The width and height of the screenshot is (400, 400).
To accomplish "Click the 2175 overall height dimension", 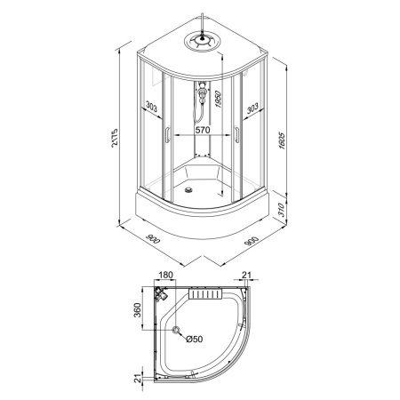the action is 115,138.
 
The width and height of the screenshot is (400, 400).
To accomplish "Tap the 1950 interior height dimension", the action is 219,99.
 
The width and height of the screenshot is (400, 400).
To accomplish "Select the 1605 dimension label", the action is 282,140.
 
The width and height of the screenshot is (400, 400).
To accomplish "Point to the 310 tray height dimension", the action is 282,210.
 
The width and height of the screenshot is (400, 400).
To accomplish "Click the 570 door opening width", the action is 203,130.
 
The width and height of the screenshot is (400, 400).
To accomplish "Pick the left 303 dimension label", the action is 151,107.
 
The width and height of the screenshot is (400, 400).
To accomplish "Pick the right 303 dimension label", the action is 252,108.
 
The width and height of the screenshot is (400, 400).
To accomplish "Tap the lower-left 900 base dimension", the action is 153,238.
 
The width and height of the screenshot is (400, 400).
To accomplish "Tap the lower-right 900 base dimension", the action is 252,241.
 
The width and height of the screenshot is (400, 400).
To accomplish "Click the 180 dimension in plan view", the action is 165,275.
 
